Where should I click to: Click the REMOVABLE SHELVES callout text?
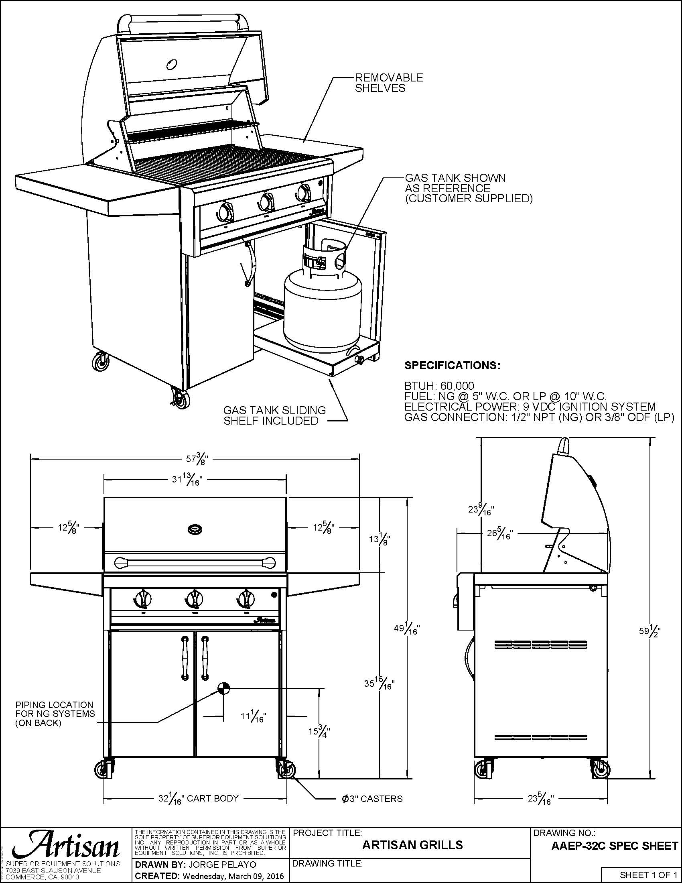(x=389, y=83)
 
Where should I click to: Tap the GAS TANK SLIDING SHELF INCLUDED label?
(x=274, y=415)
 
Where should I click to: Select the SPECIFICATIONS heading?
(x=452, y=366)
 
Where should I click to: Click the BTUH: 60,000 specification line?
(x=439, y=386)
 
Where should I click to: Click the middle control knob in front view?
(x=194, y=599)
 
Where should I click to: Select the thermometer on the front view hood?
(x=195, y=529)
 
